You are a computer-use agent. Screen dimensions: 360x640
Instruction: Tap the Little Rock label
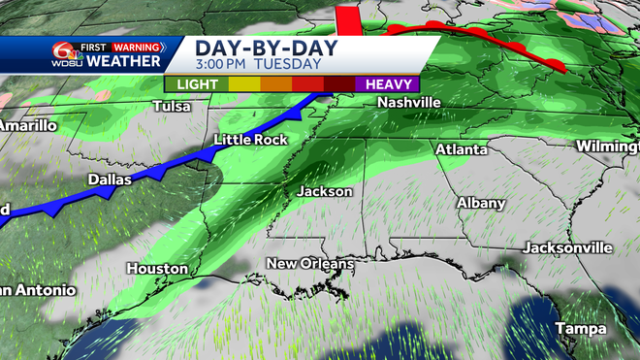[249, 141]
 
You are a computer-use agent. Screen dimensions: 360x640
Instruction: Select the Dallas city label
[109, 180]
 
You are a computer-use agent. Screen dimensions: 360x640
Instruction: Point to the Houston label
[156, 268]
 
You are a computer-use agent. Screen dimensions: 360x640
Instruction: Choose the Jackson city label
[325, 191]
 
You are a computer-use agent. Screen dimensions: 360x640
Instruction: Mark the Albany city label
[481, 203]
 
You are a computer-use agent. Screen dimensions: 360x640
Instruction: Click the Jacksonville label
[567, 247]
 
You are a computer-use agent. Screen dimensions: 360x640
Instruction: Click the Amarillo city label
[27, 125]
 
